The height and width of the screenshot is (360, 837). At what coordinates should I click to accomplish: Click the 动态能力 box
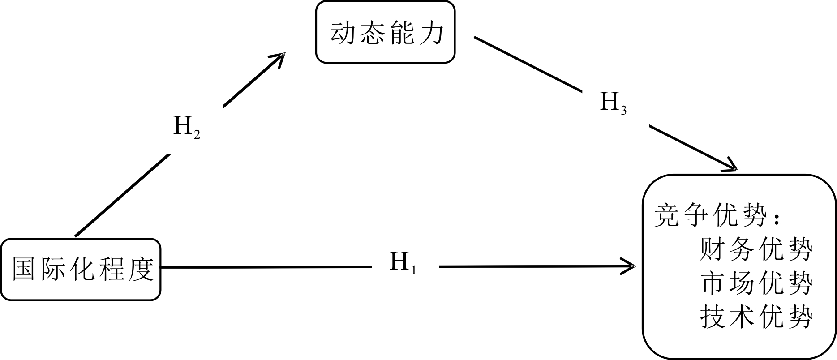click(385, 32)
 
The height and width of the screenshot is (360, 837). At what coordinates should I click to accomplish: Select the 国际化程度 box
click(81, 269)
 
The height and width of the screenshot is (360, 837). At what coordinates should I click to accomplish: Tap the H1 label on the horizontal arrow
click(403, 262)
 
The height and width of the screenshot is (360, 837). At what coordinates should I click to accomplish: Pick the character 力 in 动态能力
click(432, 33)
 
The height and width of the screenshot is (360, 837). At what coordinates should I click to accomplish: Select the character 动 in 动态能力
click(343, 33)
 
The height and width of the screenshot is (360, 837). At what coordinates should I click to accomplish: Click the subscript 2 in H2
click(197, 134)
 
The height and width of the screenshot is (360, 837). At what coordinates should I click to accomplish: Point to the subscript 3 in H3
click(623, 111)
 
